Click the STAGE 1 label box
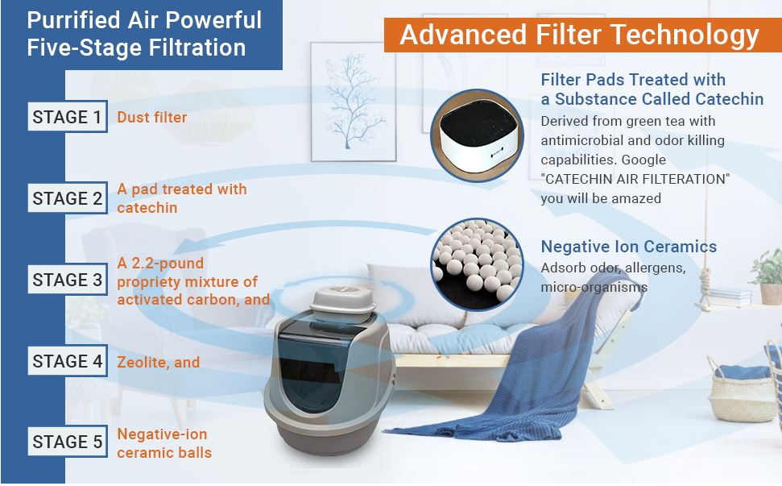pos(68,118)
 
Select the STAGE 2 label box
pos(68,198)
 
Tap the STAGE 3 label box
pos(68,280)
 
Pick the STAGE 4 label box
pos(68,362)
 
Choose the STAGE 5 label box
pos(68,442)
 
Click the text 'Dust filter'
pos(152,118)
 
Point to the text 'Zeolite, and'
pos(159,363)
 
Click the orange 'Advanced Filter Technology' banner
pos(580,35)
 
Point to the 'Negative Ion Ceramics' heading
pos(628,247)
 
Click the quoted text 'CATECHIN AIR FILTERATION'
pos(635,179)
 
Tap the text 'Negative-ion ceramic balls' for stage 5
pos(164,443)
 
